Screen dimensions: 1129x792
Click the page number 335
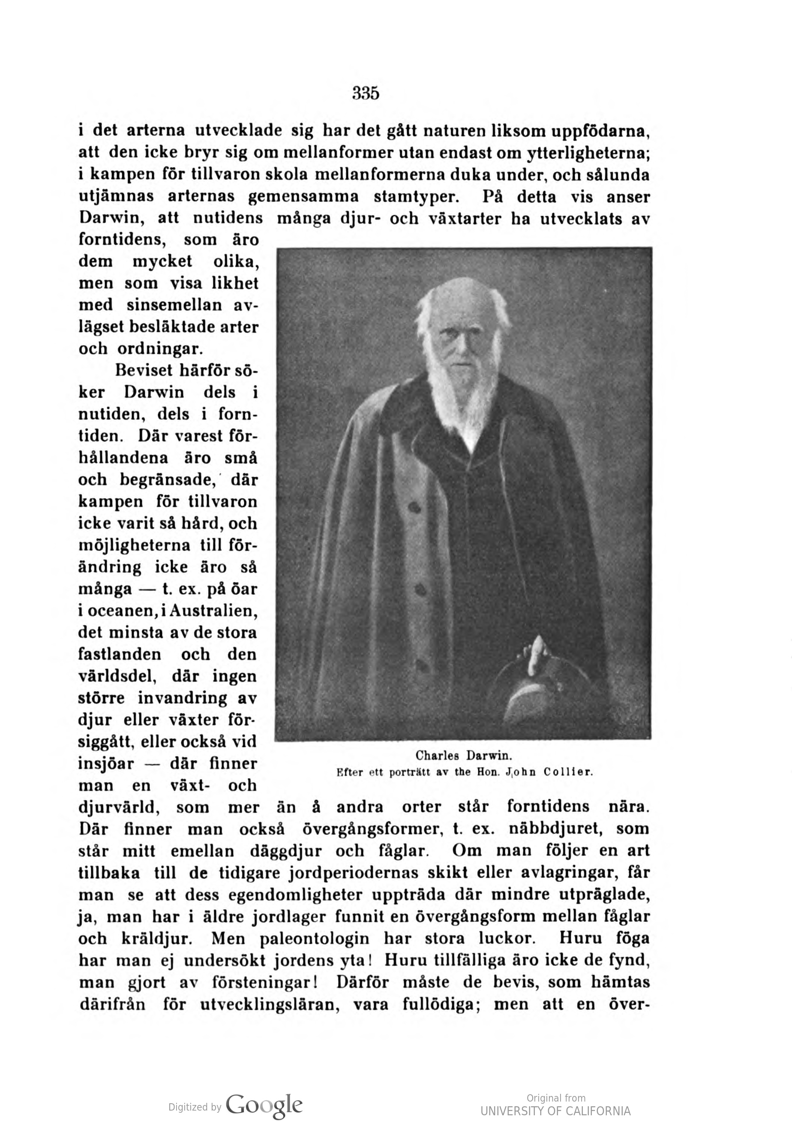pyautogui.click(x=366, y=93)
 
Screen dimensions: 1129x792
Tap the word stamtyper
pyautogui.click(x=417, y=197)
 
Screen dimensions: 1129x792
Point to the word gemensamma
pyautogui.click(x=303, y=197)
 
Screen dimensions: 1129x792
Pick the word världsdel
pyautogui.click(x=117, y=677)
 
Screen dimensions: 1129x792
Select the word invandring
pyautogui.click(x=180, y=698)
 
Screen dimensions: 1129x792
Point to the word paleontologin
pyautogui.click(x=314, y=938)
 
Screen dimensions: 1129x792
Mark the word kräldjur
pyautogui.click(x=155, y=938)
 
